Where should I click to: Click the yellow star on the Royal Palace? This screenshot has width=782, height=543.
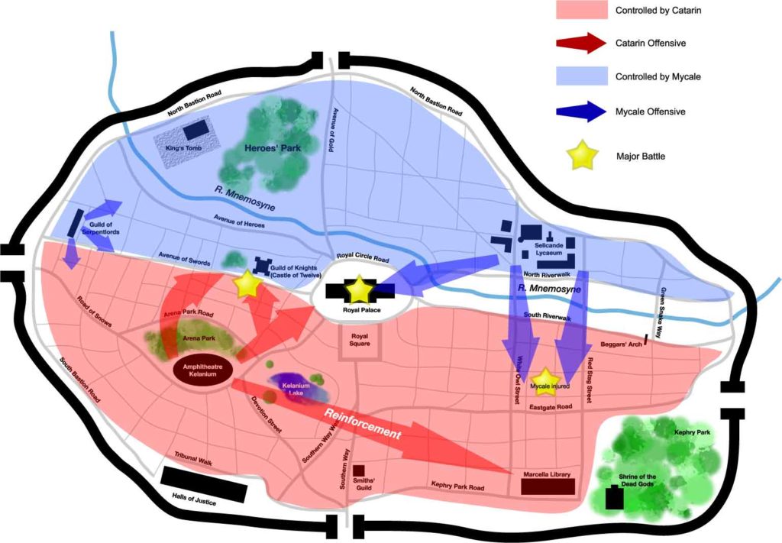[x=360, y=289]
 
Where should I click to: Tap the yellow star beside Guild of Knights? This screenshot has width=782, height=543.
[x=247, y=284]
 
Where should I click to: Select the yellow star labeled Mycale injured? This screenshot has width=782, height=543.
[x=544, y=379]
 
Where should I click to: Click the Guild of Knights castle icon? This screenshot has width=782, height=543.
[x=263, y=264]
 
